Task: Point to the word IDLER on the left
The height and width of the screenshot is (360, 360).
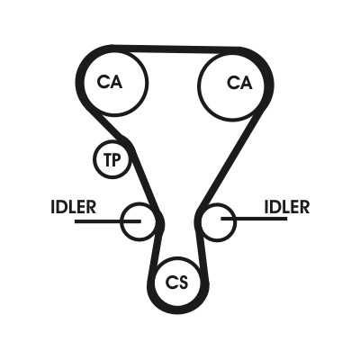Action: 74,207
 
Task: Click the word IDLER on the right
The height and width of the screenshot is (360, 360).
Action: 287,207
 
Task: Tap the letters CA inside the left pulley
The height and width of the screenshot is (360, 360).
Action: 110,82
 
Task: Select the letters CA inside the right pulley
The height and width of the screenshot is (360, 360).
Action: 239,83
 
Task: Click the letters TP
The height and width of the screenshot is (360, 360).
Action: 112,159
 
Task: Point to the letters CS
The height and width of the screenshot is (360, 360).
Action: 177,283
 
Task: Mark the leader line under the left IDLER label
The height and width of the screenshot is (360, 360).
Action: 108,221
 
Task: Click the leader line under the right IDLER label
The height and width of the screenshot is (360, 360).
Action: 254,219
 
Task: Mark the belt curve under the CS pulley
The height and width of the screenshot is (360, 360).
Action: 178,310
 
